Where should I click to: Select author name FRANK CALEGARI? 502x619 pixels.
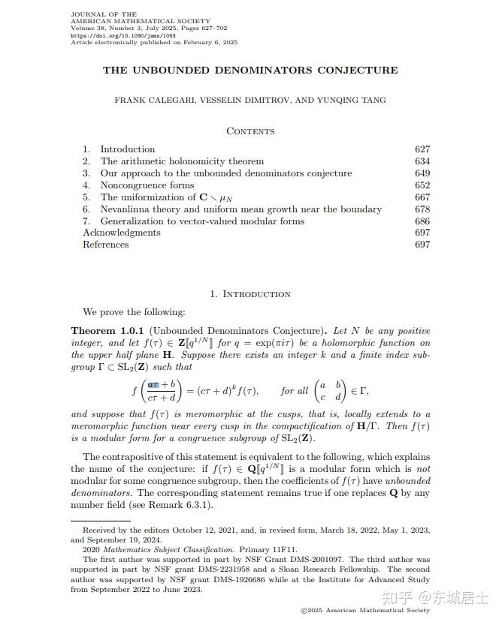click(146, 100)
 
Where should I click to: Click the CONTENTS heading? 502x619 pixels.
click(250, 131)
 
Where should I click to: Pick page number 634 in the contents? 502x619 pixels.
click(422, 161)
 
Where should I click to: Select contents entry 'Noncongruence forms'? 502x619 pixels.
click(147, 185)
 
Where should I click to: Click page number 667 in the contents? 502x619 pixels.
click(422, 197)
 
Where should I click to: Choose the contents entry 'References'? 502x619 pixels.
click(106, 245)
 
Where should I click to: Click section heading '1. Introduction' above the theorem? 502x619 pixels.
click(250, 294)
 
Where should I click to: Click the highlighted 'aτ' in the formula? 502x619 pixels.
click(159, 384)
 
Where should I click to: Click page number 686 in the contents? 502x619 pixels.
click(422, 221)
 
